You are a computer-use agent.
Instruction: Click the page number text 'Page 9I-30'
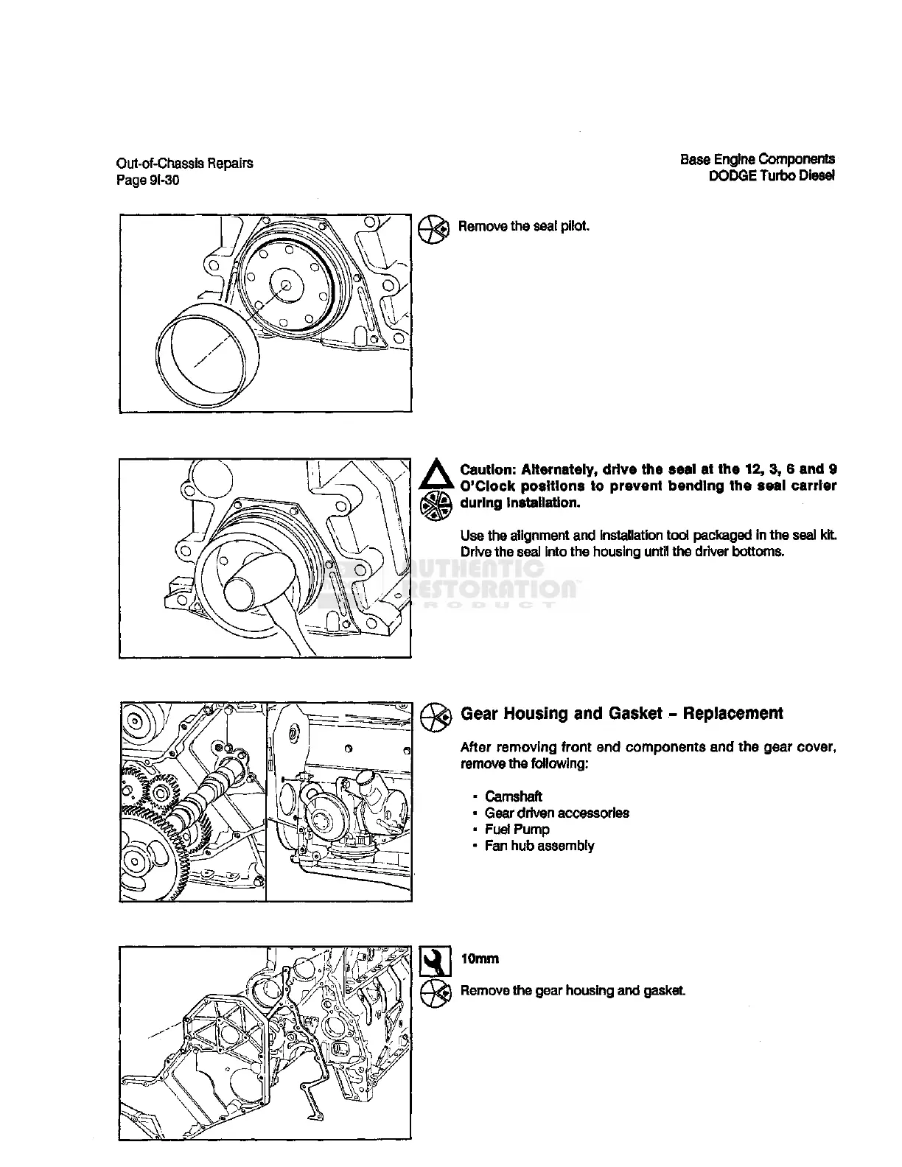pos(147,180)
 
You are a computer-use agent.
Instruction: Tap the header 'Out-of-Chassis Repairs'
pos(184,163)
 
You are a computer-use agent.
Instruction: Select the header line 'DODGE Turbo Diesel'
pos(772,176)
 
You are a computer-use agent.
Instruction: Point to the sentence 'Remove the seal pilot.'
pos(523,226)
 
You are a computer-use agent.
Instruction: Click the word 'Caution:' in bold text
pos(487,469)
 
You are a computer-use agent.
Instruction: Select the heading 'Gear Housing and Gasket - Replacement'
pos(621,713)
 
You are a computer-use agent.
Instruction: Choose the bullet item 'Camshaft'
pos(513,796)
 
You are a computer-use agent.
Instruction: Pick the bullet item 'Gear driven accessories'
pos(556,813)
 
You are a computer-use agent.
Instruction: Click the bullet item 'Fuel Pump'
pos(517,829)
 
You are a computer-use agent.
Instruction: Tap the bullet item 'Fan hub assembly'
pos(539,846)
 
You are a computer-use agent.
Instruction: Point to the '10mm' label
pos(479,959)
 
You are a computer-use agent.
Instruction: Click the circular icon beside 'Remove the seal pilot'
pos(433,229)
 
